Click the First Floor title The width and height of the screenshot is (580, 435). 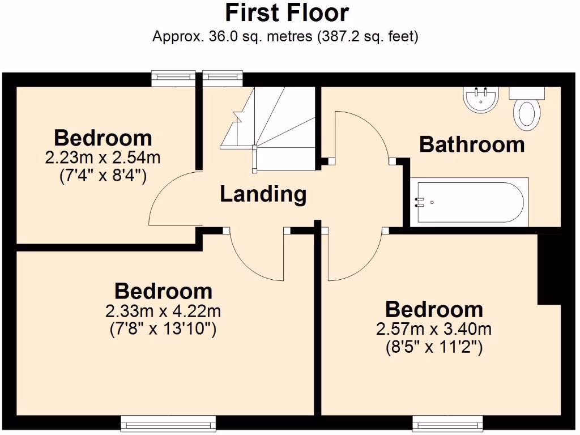(287, 12)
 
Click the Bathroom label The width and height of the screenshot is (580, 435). (472, 144)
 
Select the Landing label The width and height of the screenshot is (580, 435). (263, 194)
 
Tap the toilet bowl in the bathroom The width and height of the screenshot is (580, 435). (526, 112)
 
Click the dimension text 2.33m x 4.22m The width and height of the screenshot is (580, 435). (163, 311)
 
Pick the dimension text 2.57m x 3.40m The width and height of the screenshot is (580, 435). (433, 329)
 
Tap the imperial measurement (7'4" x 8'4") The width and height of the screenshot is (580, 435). (103, 176)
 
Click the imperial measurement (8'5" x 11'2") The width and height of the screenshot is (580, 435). (433, 347)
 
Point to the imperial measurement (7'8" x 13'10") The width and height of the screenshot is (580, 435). (163, 329)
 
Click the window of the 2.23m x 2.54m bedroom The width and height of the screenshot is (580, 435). (173, 79)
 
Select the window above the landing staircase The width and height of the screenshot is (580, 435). (223, 79)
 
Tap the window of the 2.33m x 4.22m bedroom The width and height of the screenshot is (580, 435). (168, 423)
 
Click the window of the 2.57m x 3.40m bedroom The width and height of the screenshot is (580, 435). (447, 423)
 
